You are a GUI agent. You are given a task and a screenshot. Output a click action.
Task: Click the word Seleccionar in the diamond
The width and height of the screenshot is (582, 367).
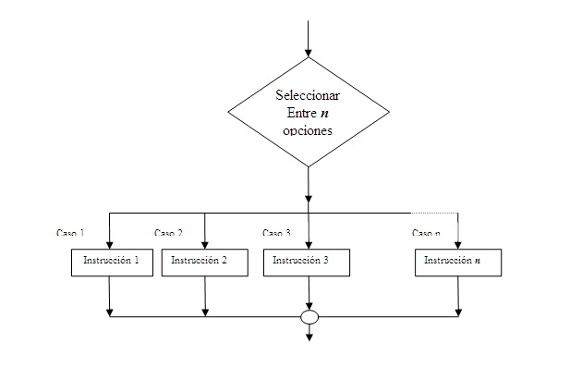(309, 95)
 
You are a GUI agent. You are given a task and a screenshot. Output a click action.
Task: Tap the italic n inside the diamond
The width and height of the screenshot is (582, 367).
(324, 113)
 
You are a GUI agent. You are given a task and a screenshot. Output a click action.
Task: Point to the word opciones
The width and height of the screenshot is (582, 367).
(308, 130)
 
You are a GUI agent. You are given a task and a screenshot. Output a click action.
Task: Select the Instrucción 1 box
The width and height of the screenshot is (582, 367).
(111, 262)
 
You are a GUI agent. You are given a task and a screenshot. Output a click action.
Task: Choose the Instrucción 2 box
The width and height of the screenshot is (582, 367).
(205, 262)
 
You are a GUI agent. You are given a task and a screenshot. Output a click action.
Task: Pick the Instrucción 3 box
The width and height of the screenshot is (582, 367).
(308, 262)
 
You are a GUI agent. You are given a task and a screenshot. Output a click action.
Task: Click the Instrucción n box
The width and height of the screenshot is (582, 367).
(458, 262)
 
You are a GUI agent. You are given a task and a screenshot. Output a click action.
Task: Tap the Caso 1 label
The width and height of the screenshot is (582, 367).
(70, 233)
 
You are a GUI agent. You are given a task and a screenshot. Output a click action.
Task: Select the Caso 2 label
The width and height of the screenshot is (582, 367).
(168, 233)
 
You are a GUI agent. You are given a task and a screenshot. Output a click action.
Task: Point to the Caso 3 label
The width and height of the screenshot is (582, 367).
(276, 233)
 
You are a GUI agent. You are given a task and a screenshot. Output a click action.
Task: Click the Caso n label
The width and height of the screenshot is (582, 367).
(426, 233)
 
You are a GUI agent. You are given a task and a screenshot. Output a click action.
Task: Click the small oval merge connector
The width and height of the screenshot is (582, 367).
(309, 317)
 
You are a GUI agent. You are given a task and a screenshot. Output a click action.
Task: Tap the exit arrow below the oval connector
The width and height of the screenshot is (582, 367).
(309, 335)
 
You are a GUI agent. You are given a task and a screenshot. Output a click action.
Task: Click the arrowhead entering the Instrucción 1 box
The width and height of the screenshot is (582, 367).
(110, 244)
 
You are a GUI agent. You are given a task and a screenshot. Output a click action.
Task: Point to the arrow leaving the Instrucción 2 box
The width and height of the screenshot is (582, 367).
(205, 296)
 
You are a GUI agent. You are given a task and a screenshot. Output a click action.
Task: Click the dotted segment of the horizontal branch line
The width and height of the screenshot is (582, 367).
(434, 214)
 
